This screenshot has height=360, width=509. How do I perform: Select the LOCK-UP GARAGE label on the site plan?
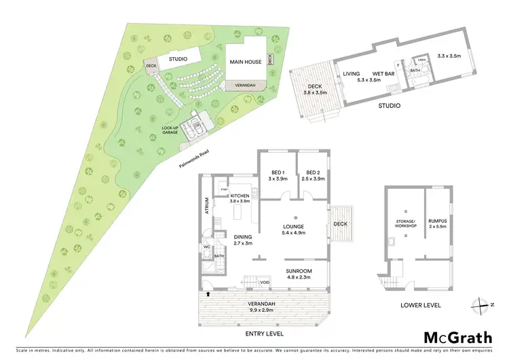170,130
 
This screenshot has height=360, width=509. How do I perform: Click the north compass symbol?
481,303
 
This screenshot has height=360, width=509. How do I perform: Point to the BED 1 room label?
278,175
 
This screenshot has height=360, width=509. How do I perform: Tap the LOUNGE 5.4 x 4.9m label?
293,229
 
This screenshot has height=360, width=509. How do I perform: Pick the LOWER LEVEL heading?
420,306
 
